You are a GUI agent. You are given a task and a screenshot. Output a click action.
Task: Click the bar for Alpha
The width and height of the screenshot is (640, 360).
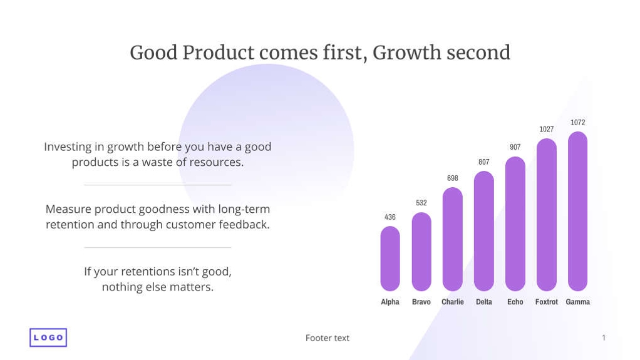[390, 259]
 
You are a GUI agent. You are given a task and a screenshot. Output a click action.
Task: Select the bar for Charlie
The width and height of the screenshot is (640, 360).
[453, 239]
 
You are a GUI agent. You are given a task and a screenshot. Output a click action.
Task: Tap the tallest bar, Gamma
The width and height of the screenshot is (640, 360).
[577, 211]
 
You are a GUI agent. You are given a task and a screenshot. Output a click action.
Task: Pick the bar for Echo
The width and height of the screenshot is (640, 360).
[515, 224]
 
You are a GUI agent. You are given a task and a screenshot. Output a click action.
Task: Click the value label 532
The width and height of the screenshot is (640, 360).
[421, 203]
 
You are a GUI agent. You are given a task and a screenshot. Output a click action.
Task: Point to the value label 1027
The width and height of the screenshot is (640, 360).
[547, 130]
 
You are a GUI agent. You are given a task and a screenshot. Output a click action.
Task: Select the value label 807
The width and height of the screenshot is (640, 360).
[484, 162]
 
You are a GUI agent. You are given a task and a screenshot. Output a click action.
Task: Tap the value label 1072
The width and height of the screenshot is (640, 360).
[577, 123]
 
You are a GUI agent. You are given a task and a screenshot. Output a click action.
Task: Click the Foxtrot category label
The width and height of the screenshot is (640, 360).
[547, 302]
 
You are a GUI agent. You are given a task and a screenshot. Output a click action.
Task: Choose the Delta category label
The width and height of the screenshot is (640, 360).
[484, 302]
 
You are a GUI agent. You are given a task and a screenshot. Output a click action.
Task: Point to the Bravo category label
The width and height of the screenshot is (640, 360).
[421, 302]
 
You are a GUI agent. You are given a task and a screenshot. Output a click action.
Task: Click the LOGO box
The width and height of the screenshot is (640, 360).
[48, 337]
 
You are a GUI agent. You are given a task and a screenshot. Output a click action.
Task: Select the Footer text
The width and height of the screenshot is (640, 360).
[328, 338]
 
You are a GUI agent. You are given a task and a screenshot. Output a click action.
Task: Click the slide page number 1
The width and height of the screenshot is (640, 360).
[604, 338]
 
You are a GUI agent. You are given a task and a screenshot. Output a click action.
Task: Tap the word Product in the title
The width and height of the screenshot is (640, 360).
[219, 53]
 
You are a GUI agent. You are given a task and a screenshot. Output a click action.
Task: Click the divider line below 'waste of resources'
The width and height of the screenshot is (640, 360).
[158, 185]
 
